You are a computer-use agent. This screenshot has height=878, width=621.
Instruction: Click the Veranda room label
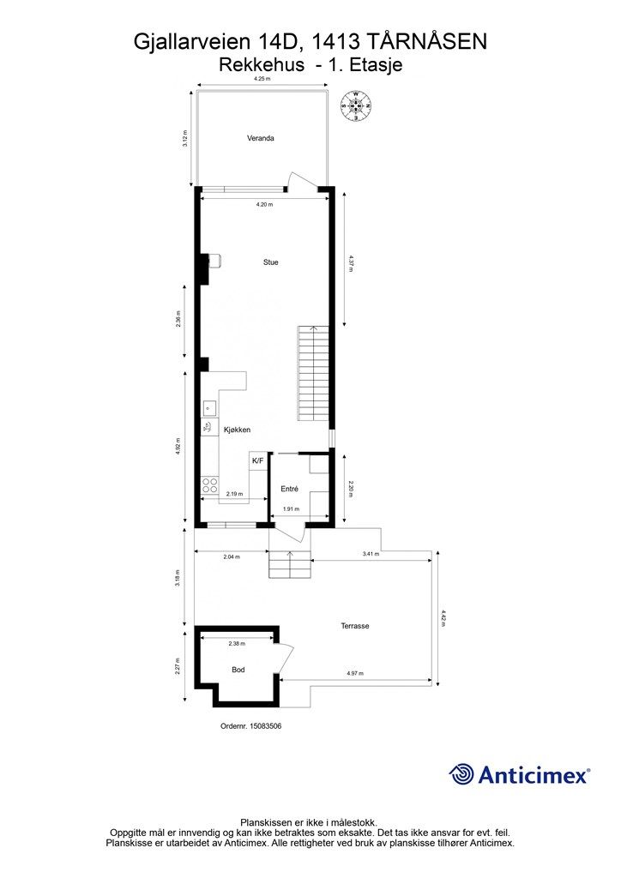(261, 138)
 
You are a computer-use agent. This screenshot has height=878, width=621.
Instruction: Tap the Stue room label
(271, 262)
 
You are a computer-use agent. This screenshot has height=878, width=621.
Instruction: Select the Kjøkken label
(237, 430)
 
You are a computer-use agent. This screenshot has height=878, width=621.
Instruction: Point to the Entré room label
(290, 489)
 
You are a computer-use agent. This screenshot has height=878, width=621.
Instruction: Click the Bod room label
(238, 670)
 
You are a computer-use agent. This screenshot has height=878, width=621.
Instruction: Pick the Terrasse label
(355, 626)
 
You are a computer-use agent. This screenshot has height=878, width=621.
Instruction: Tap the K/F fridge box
(258, 460)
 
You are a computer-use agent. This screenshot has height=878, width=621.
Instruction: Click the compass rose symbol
(357, 105)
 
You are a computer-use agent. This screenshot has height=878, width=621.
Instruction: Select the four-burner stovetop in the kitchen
(210, 485)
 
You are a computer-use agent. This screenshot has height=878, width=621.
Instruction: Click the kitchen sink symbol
(209, 409)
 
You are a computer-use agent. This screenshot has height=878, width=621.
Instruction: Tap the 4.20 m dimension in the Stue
(264, 205)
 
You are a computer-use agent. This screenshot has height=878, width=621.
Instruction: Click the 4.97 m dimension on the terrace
(355, 673)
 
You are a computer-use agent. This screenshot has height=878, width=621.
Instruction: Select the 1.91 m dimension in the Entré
(291, 509)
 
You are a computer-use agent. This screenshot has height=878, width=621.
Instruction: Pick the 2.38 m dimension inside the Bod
(237, 644)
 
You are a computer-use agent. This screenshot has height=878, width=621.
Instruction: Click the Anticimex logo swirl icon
(461, 774)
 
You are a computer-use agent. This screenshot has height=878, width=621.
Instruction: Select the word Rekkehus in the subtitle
(262, 65)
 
